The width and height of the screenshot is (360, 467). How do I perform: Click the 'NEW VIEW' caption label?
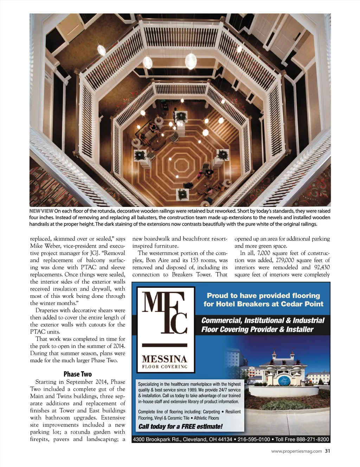(41, 211)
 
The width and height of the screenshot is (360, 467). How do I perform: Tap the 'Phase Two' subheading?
(77, 374)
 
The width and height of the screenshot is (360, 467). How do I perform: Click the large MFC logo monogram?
(165, 313)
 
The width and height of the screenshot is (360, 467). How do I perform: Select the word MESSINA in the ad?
(165, 359)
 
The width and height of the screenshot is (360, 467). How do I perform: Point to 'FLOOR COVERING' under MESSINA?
(165, 367)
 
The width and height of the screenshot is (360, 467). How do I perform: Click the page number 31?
(327, 451)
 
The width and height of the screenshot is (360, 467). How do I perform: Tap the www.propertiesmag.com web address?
(296, 452)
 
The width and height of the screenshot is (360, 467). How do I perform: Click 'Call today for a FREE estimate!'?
(180, 427)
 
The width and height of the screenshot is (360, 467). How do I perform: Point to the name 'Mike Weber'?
(45, 246)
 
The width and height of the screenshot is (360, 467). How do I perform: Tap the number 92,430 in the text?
(322, 267)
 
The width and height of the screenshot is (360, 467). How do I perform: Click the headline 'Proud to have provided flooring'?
(263, 296)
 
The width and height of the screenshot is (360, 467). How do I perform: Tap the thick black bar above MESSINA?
(165, 345)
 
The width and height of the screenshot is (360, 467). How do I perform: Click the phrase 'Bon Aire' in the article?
(156, 260)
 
